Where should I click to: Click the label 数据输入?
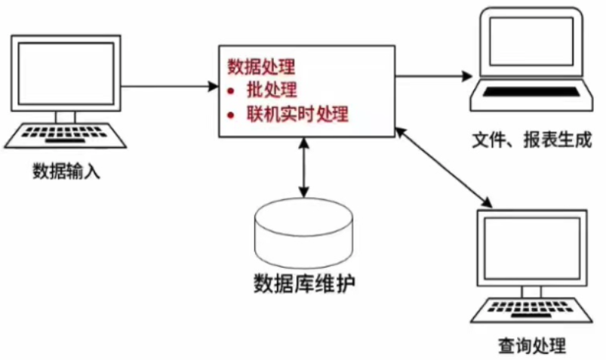(66, 170)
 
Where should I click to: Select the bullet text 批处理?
(272, 91)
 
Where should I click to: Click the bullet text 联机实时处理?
(297, 115)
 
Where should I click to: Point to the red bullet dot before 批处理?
(232, 91)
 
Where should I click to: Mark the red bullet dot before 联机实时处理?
(232, 115)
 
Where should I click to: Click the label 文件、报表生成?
(531, 140)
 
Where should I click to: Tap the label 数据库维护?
(303, 284)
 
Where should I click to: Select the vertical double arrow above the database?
(303, 168)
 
